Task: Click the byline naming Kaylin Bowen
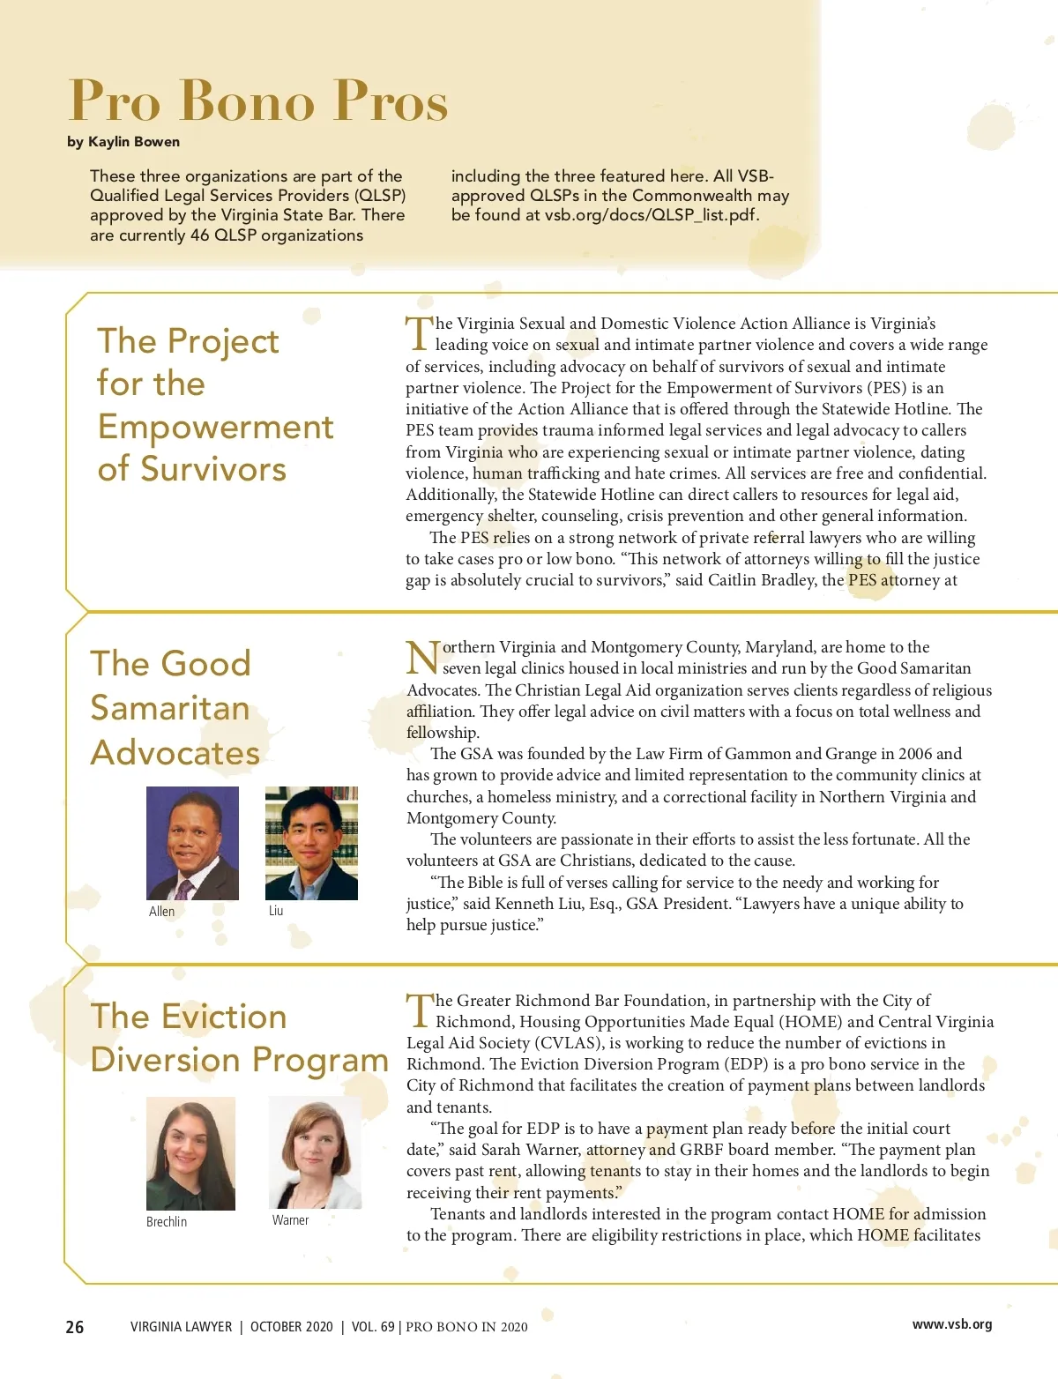123,142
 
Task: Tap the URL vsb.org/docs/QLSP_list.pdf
651,215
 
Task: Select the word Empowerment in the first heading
216,427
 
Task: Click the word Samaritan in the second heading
170,708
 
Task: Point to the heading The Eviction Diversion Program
239,1038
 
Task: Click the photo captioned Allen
192,843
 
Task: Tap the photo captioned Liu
311,843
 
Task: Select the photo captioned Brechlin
190,1153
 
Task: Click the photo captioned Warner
315,1152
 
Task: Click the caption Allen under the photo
161,912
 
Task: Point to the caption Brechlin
167,1222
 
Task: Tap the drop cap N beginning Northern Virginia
422,658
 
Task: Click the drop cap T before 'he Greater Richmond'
420,1010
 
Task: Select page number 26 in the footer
75,1327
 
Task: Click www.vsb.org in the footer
952,1324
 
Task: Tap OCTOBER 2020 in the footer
292,1327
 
